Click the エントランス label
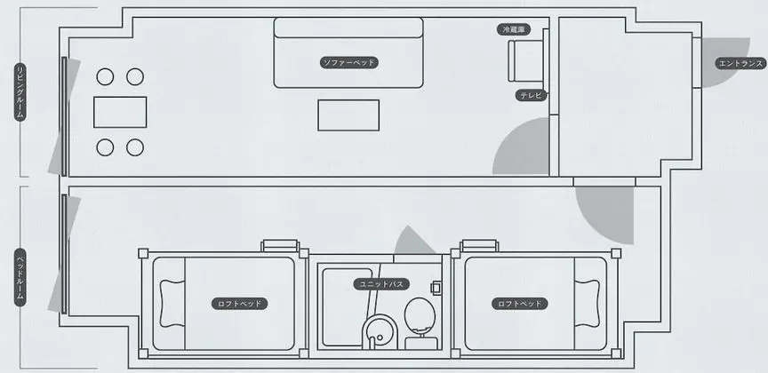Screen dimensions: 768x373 740,64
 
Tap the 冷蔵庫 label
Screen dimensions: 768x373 514,30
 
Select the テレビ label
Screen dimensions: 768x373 531,95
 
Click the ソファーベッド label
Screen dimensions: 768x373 349,63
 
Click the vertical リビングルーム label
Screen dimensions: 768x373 20,91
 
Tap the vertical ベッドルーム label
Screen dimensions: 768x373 20,277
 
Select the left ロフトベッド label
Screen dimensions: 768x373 240,304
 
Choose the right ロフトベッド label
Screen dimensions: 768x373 520,304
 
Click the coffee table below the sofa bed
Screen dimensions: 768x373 348,115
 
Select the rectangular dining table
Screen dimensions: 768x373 120,112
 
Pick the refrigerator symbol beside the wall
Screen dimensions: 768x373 525,60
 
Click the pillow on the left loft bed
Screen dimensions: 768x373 172,304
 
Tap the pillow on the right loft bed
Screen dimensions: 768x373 588,304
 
